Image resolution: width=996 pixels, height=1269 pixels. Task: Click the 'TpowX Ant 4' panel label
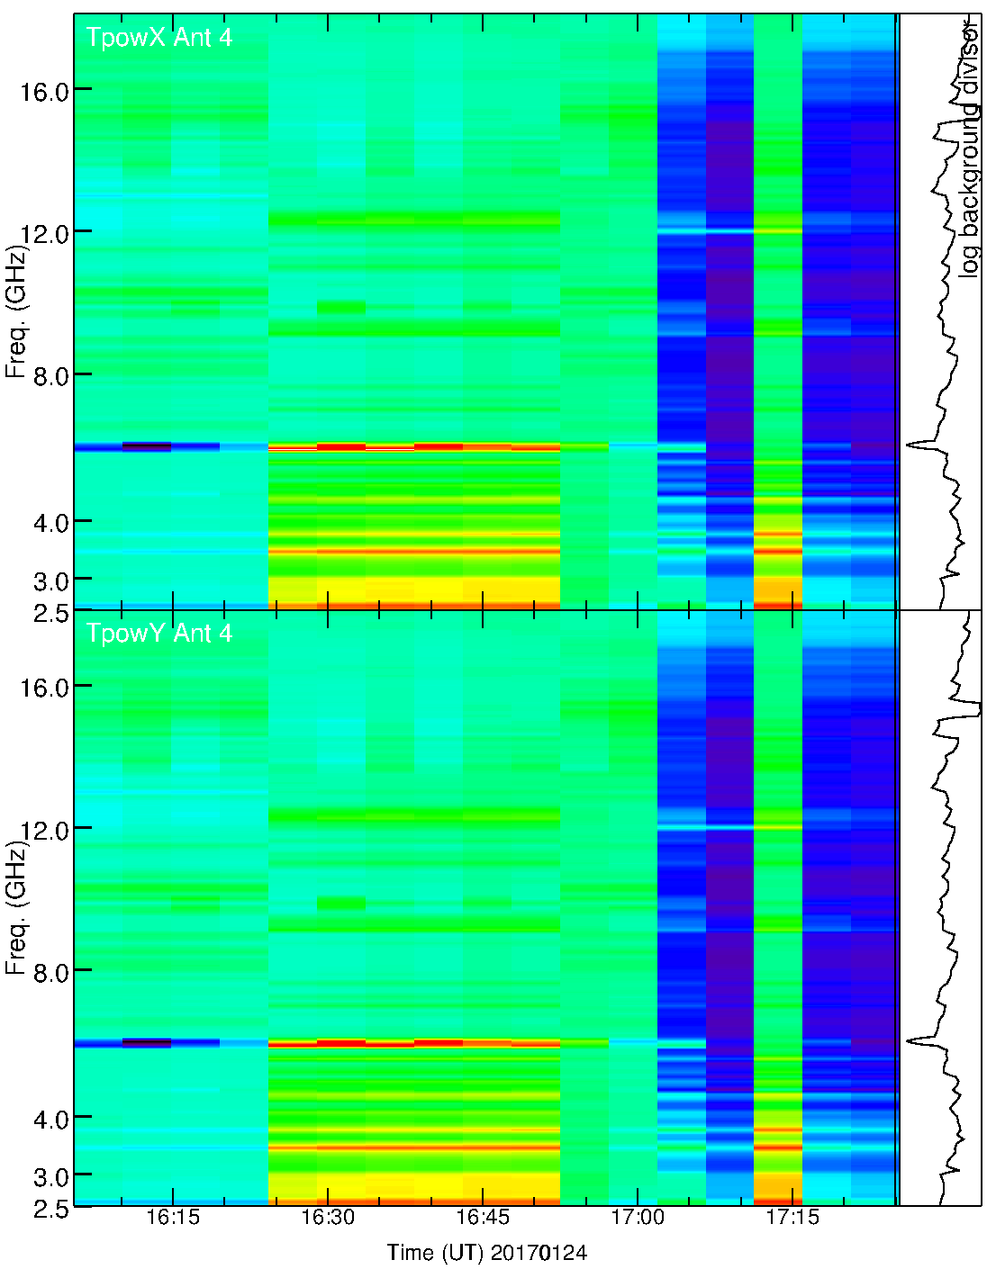(x=158, y=38)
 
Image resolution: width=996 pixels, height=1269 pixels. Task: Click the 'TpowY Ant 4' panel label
(x=158, y=634)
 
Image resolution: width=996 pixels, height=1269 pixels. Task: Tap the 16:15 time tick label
(x=172, y=1218)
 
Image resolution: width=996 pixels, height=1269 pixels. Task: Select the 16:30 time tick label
(x=328, y=1218)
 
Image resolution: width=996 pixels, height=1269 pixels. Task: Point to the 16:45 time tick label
(x=483, y=1218)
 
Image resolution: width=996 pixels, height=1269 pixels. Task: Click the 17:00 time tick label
(x=638, y=1218)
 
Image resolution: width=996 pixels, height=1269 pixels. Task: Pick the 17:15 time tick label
(x=792, y=1218)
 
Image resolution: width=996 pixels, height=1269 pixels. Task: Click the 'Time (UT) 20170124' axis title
(x=487, y=1252)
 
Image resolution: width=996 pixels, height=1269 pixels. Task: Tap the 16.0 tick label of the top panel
(x=44, y=91)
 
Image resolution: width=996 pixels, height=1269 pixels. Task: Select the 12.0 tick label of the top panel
(x=44, y=234)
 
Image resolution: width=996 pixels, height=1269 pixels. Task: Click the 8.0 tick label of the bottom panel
(x=51, y=971)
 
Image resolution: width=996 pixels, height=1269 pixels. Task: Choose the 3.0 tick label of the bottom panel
(x=51, y=1176)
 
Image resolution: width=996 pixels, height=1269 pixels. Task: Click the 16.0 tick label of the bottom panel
(x=44, y=688)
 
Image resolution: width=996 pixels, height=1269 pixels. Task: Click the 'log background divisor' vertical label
(x=969, y=148)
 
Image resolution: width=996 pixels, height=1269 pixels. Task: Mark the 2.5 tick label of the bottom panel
(x=51, y=1209)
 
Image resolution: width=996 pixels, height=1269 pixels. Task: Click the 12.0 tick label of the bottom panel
(x=44, y=830)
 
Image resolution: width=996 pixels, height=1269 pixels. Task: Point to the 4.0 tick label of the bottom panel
(x=51, y=1120)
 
